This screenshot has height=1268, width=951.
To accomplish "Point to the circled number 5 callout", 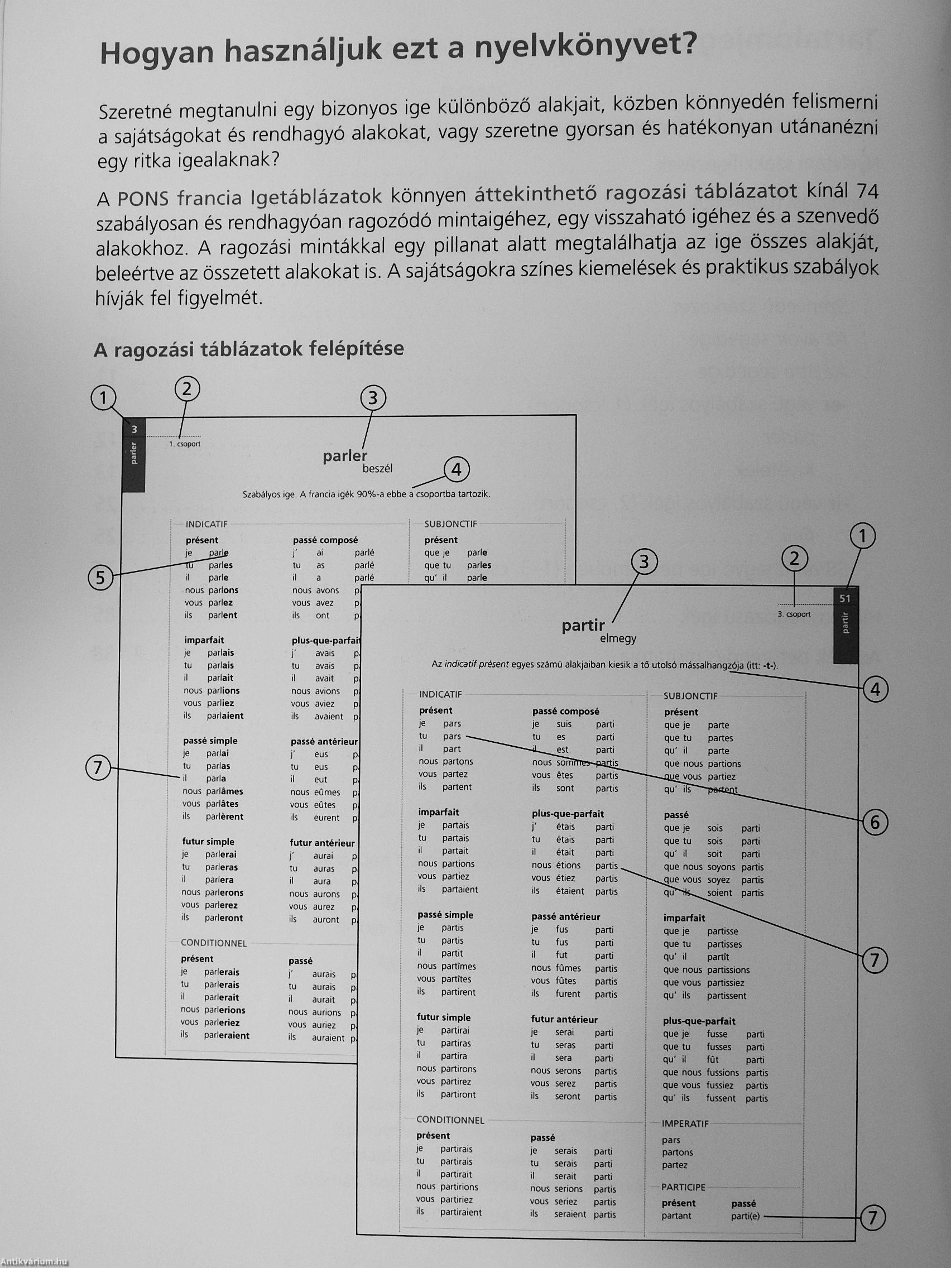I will point(101,578).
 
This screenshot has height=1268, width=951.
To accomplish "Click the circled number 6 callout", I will point(874,823).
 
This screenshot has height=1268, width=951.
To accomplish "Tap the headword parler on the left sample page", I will point(344,456).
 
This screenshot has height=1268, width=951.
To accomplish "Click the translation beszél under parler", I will point(377,469).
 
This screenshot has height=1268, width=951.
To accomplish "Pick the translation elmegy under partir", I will point(618,638).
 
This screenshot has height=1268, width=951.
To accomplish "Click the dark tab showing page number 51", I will point(845,599).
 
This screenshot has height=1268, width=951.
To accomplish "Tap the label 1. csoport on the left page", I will point(185,444).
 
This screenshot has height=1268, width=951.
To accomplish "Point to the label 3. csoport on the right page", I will point(794,614).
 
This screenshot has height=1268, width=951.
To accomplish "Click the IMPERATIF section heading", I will point(685,1123).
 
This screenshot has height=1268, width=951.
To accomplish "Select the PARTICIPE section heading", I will point(683,1187).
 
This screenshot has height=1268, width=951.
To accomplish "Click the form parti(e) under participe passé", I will point(745,1216).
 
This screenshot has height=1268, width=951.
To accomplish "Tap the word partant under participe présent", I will point(676,1216).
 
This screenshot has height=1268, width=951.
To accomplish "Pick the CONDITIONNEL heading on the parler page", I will point(214,943).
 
